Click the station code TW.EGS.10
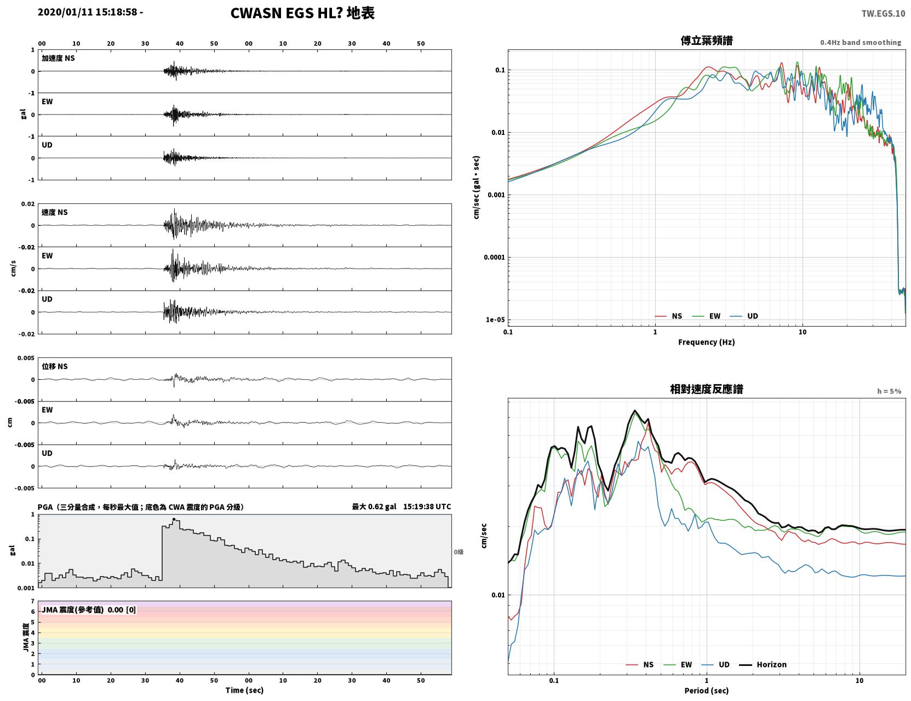pyautogui.click(x=883, y=13)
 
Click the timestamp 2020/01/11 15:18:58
pyautogui.click(x=87, y=12)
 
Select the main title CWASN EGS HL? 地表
pyautogui.click(x=302, y=13)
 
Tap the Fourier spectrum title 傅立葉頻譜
pyautogui.click(x=706, y=41)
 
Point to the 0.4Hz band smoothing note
pyautogui.click(x=860, y=42)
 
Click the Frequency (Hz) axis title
pyautogui.click(x=706, y=341)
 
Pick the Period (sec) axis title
pyautogui.click(x=706, y=690)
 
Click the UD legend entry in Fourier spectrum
pyautogui.click(x=744, y=316)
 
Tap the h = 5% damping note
pyautogui.click(x=889, y=391)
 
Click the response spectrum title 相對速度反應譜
pyautogui.click(x=706, y=389)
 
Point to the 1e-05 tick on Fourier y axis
pyautogui.click(x=495, y=320)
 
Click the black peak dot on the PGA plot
pyautogui.click(x=174, y=519)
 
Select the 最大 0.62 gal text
pyautogui.click(x=374, y=506)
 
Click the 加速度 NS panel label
pyautogui.click(x=58, y=58)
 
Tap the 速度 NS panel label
pyautogui.click(x=54, y=212)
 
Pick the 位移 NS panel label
pyautogui.click(x=54, y=366)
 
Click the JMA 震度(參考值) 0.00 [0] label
pyautogui.click(x=88, y=609)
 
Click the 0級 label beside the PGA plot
pyautogui.click(x=459, y=552)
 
